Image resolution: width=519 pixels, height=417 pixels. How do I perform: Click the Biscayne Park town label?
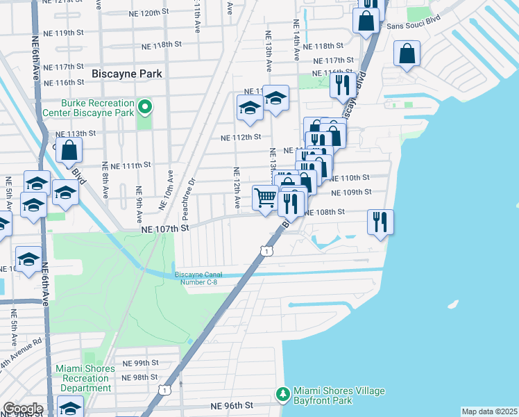click(x=127, y=73)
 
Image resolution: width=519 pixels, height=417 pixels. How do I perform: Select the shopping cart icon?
click(x=264, y=198)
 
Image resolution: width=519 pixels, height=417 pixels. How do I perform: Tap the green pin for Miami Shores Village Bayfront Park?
click(x=282, y=394)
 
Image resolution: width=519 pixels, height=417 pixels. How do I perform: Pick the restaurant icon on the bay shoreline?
click(x=380, y=222)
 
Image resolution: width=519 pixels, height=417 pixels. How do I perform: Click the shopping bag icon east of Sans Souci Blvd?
click(x=407, y=53)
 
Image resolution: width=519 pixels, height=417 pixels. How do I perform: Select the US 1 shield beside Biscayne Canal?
click(x=266, y=250)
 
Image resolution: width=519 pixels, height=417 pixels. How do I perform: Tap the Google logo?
click(x=22, y=408)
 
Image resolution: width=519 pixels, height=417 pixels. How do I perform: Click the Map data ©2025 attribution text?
click(x=488, y=411)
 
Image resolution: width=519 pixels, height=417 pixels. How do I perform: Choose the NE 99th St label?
click(x=141, y=363)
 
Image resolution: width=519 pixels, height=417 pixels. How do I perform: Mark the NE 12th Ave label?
click(x=237, y=188)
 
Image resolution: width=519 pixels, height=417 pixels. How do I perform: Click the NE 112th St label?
click(x=240, y=138)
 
